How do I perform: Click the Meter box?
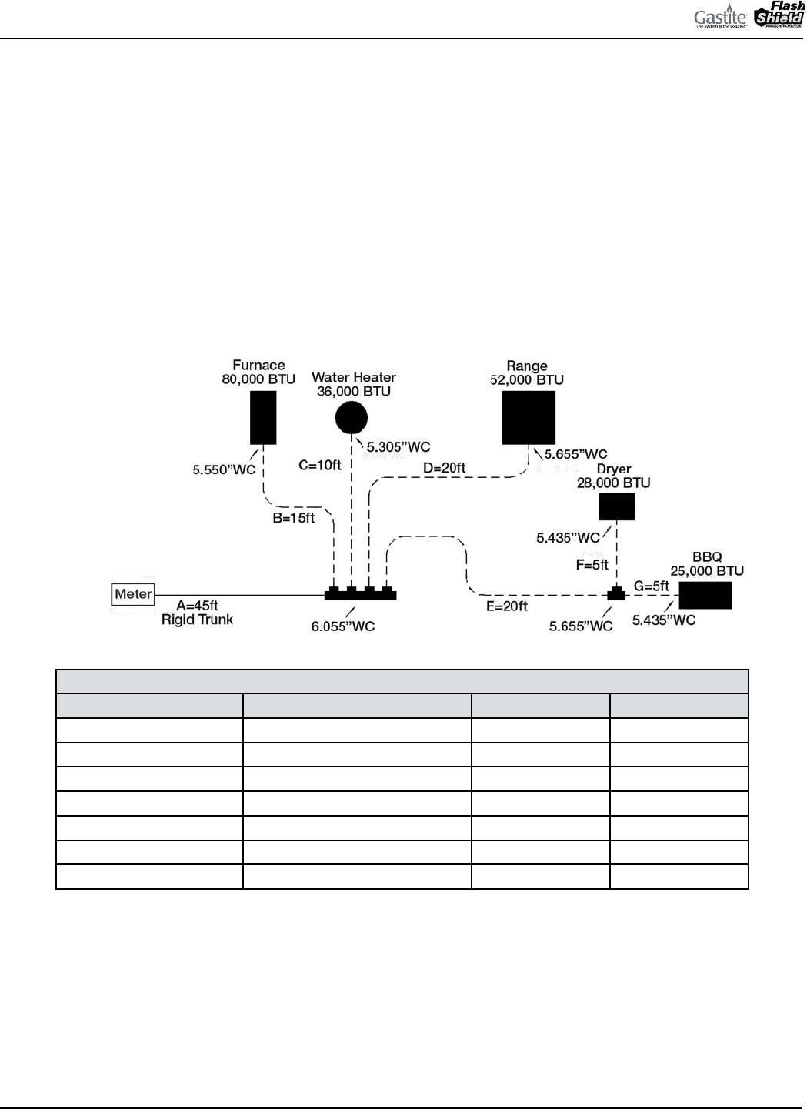click(x=133, y=594)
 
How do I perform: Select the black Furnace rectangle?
click(x=263, y=417)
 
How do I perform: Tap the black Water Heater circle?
click(x=352, y=418)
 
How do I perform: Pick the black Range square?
click(x=529, y=417)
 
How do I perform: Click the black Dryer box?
click(x=617, y=506)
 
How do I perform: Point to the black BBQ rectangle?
click(x=705, y=595)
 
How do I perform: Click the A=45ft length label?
click(x=197, y=606)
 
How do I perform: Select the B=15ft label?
click(x=294, y=518)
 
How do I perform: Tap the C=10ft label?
click(x=319, y=465)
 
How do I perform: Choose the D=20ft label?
click(x=445, y=467)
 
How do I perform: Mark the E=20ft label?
click(x=506, y=606)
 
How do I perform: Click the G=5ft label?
click(x=651, y=586)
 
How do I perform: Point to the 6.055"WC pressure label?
click(x=343, y=626)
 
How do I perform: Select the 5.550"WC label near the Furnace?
click(x=224, y=469)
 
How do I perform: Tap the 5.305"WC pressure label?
click(x=398, y=446)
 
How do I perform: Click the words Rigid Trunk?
click(x=197, y=620)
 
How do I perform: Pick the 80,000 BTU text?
click(x=258, y=379)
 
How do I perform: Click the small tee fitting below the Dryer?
click(x=616, y=594)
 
